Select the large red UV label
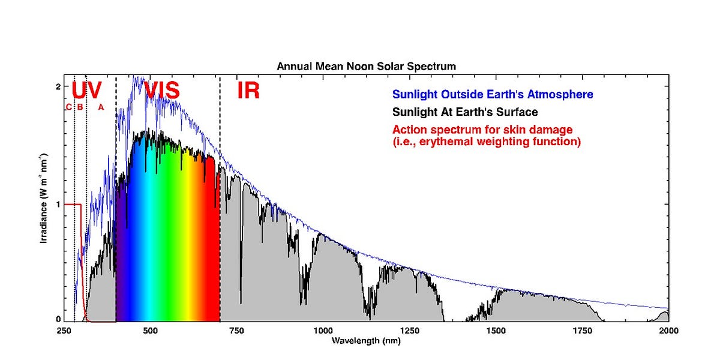pos(86,91)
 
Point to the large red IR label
pos(248,91)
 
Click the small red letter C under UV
pos(68,107)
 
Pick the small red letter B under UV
pos(79,107)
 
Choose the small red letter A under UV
pos(101,107)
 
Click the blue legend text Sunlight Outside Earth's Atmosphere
pos(493,95)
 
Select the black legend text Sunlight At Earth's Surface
pos(465,112)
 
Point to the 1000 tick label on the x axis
pos(323,331)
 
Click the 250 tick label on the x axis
pos(64,331)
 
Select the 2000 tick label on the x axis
pos(668,331)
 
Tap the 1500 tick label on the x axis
pos(496,331)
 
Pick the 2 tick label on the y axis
pos(58,87)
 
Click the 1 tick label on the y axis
pos(58,204)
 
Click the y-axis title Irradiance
pos(44,204)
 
